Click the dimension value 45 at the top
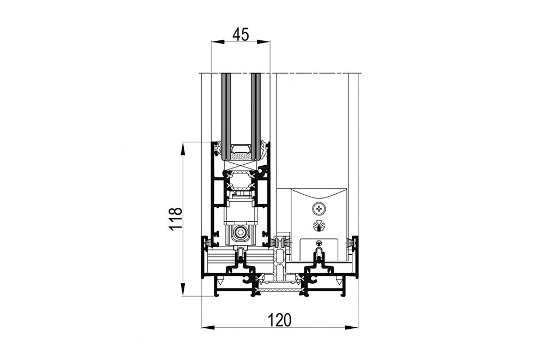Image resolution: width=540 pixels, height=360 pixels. [241, 34]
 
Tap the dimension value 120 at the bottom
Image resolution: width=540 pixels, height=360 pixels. [280, 320]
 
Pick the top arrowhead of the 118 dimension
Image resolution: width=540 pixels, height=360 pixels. [182, 149]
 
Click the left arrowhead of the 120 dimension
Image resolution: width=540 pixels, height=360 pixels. [208, 327]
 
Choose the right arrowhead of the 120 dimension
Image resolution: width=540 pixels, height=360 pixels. [351, 327]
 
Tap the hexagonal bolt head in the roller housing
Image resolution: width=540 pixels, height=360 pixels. [239, 233]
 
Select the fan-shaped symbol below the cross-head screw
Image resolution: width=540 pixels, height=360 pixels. [317, 224]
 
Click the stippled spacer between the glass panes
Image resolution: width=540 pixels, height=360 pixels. [241, 157]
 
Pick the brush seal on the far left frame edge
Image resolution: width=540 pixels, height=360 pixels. [208, 243]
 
